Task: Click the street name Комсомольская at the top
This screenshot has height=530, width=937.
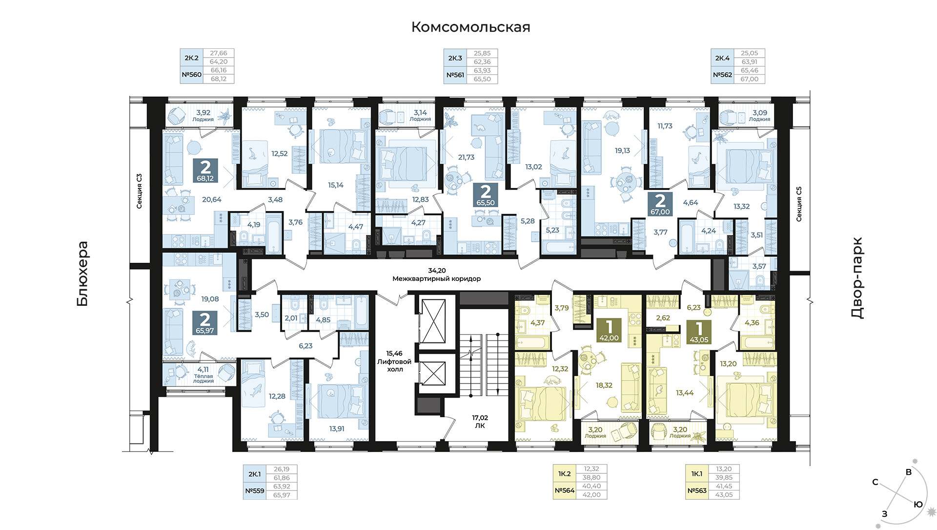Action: (470, 27)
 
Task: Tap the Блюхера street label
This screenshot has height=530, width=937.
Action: (82, 274)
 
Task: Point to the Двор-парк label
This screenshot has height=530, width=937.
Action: (857, 278)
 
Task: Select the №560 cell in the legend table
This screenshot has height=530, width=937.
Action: (191, 75)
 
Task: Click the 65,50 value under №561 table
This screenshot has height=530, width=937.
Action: (482, 79)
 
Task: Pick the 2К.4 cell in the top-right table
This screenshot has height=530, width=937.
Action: (722, 58)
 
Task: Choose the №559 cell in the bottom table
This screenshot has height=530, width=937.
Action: (255, 490)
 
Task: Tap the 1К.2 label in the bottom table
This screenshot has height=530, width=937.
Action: (565, 474)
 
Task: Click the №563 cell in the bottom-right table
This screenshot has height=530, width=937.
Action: (697, 490)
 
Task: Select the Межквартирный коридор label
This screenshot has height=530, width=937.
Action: (437, 279)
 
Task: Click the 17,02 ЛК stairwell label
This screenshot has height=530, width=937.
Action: (480, 422)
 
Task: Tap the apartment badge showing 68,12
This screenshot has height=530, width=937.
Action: (205, 170)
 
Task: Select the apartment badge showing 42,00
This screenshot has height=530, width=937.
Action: (609, 330)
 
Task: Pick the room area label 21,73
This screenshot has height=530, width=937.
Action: (466, 157)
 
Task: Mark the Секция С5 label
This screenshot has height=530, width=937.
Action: (799, 204)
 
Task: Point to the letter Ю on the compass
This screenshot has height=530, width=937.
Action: (918, 505)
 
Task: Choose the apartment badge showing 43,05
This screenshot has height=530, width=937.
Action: (699, 333)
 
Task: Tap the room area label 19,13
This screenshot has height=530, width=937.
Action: (622, 151)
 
